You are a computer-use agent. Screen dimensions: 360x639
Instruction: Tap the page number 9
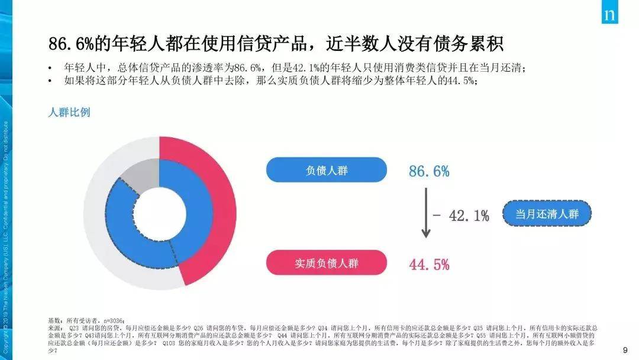(625, 350)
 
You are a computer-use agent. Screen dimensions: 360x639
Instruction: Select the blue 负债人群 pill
(326, 171)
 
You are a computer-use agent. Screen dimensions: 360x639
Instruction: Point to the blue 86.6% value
(429, 172)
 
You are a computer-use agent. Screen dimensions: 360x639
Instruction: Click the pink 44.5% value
(429, 265)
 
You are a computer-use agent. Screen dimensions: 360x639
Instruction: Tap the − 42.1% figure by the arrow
(461, 216)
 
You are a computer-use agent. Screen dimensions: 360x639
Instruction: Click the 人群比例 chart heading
(69, 112)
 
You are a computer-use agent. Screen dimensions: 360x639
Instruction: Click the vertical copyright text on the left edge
(7, 237)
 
